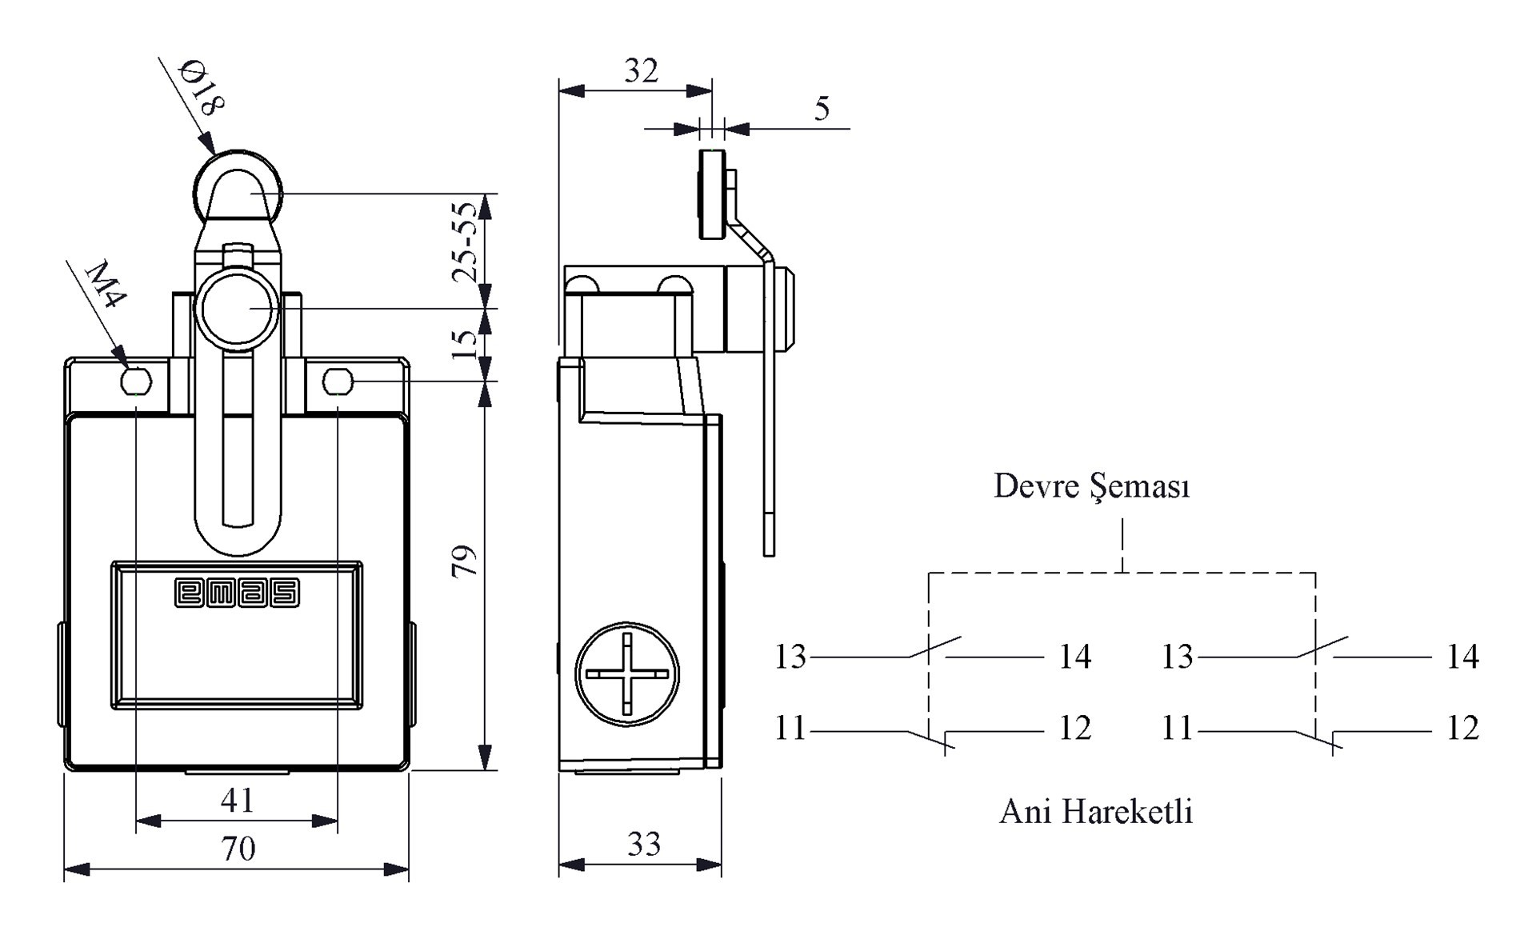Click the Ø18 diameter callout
202,87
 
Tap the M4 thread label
106,284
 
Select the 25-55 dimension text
465,242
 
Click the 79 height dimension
464,561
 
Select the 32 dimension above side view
641,72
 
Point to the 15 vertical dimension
465,344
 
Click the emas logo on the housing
237,593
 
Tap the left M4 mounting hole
136,382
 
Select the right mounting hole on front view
338,382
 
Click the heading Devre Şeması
1091,486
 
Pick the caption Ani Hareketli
1095,812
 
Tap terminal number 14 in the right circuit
1462,657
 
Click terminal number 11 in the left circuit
790,729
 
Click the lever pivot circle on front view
237,309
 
